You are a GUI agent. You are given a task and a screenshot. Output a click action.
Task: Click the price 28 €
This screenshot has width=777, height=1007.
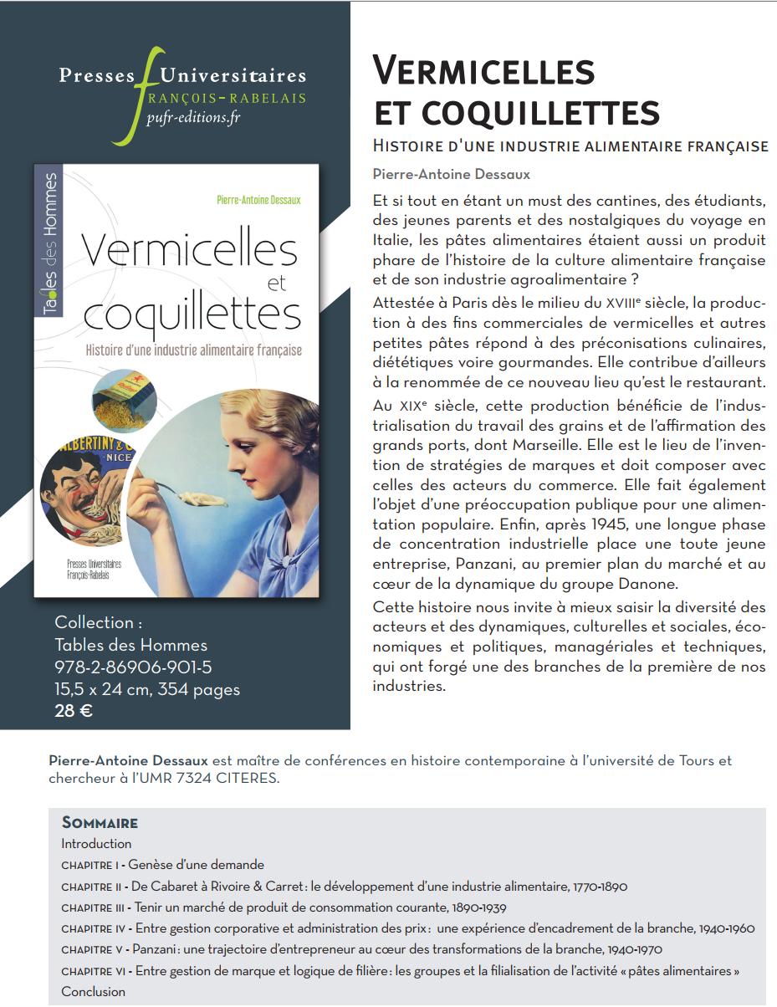(x=74, y=712)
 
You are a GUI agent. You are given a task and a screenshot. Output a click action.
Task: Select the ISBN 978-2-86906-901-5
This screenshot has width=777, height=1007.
(x=133, y=667)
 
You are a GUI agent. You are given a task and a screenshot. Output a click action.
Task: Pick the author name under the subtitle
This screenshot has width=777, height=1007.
(x=452, y=174)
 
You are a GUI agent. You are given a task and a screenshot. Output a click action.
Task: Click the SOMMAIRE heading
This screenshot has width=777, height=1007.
(x=100, y=822)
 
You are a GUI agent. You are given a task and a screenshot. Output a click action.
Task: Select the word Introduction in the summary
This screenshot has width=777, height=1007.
(x=96, y=844)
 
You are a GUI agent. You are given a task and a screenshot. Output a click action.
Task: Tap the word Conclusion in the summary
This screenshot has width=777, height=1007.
(x=93, y=991)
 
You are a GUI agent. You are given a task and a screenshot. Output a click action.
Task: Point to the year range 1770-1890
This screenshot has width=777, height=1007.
(x=600, y=887)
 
